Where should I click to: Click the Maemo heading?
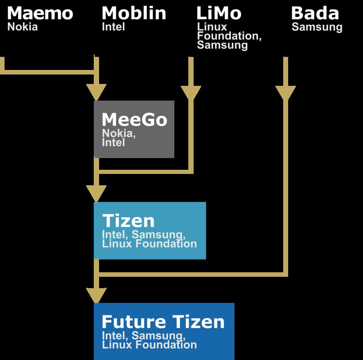tap(40, 14)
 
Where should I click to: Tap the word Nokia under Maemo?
tap(23, 27)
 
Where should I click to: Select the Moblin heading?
tap(134, 14)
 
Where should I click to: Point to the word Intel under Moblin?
tap(113, 27)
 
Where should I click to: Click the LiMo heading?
tap(219, 14)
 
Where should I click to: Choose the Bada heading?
tap(315, 14)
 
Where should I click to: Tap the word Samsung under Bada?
tap(317, 27)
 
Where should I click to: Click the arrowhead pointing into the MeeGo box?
tap(96, 92)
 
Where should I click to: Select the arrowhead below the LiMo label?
tap(191, 92)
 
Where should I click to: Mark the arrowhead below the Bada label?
tap(285, 92)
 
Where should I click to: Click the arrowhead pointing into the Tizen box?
tap(96, 193)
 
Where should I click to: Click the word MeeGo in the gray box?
tap(134, 120)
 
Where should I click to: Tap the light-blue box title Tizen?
tap(129, 221)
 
